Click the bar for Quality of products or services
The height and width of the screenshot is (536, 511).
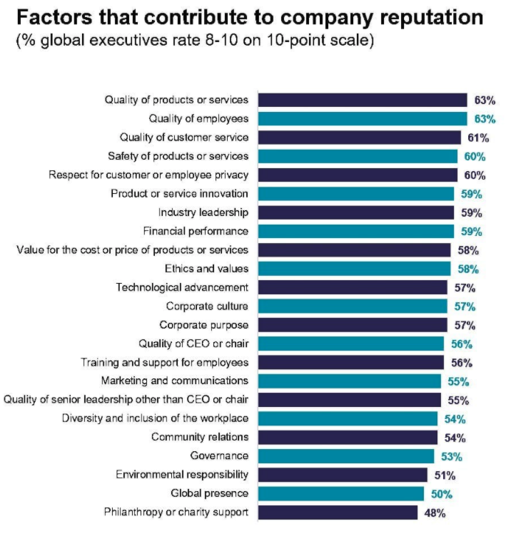click(362, 100)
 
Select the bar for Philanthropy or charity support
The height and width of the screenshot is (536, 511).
click(337, 512)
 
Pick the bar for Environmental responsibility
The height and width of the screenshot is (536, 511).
click(342, 475)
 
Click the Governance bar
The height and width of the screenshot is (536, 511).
click(345, 455)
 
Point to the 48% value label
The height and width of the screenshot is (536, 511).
click(435, 512)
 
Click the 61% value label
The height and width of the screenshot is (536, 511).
click(478, 138)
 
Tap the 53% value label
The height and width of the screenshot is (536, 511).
click(451, 455)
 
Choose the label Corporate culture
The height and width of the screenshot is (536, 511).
click(207, 306)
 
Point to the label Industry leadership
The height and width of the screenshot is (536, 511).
click(203, 212)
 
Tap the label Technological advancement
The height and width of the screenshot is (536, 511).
click(182, 287)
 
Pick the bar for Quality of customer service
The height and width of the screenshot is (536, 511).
click(359, 138)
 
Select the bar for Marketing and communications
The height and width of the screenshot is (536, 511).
click(349, 381)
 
